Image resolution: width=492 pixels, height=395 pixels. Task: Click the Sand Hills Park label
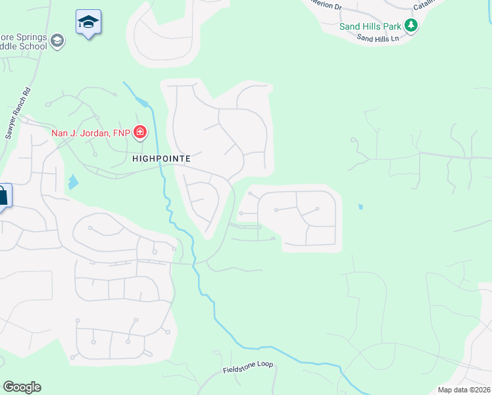pyautogui.click(x=370, y=26)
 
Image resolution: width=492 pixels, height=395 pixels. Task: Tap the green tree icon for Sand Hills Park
pyautogui.click(x=412, y=26)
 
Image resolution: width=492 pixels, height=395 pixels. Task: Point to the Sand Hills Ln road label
pyautogui.click(x=378, y=39)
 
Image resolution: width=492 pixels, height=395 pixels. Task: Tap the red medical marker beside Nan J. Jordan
pyautogui.click(x=140, y=134)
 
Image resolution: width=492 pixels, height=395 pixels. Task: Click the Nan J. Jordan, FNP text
pyautogui.click(x=91, y=134)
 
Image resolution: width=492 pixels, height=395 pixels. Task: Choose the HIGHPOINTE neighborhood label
pyautogui.click(x=161, y=159)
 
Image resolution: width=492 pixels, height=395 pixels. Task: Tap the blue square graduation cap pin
pyautogui.click(x=88, y=23)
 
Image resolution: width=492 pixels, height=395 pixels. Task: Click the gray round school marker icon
pyautogui.click(x=57, y=41)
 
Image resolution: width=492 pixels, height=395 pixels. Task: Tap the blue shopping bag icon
pyautogui.click(x=3, y=196)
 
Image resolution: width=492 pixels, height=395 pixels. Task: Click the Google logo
pyautogui.click(x=22, y=387)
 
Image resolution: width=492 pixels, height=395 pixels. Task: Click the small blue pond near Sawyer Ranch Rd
pyautogui.click(x=72, y=182)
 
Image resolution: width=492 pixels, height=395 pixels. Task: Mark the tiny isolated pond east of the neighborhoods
pyautogui.click(x=360, y=207)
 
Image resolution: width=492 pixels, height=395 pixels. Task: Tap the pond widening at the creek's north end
pyautogui.click(x=143, y=103)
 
